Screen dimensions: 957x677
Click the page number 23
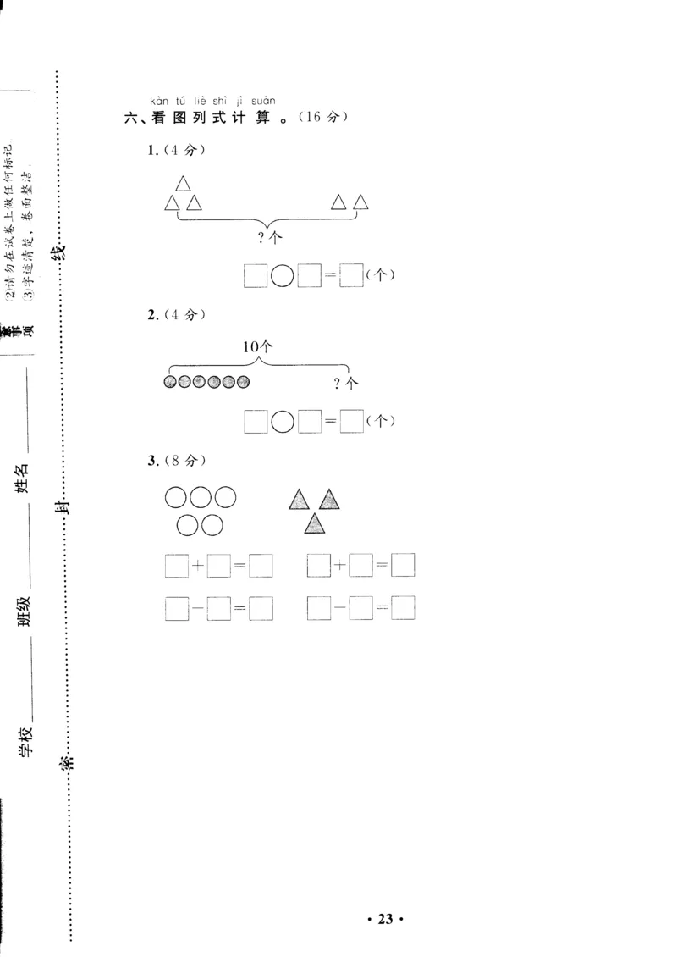coord(385,920)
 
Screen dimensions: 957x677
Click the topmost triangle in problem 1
coord(183,184)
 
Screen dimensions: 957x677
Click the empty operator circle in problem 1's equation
coord(283,276)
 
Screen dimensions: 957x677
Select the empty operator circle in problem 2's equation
coord(283,421)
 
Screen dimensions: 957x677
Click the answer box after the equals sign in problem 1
coord(351,276)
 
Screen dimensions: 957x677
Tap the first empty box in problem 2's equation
coord(256,421)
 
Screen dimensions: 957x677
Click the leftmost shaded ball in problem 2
coord(170,383)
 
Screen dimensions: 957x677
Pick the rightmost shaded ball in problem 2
coord(244,383)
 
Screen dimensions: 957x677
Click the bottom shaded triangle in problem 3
coord(315,524)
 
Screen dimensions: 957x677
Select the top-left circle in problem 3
coord(176,498)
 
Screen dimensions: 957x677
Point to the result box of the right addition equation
coord(403,565)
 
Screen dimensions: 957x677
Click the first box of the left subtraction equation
coord(176,608)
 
